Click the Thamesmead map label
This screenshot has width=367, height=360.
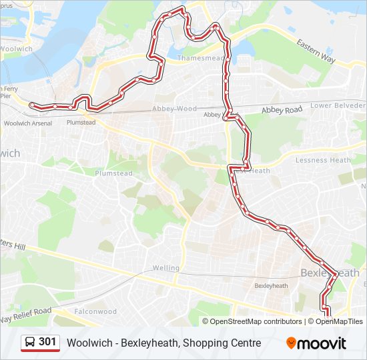click(200, 59)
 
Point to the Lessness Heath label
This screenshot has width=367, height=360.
click(323, 160)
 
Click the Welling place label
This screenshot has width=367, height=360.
click(165, 268)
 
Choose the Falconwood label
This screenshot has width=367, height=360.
click(95, 311)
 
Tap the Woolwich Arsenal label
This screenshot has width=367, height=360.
click(27, 123)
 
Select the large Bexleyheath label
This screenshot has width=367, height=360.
click(330, 273)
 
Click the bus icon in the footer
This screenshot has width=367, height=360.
click(31, 343)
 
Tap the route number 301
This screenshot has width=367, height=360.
click(48, 342)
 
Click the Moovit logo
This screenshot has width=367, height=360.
click(316, 343)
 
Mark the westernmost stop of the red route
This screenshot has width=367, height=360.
click(31, 104)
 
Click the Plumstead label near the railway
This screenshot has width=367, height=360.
click(81, 123)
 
